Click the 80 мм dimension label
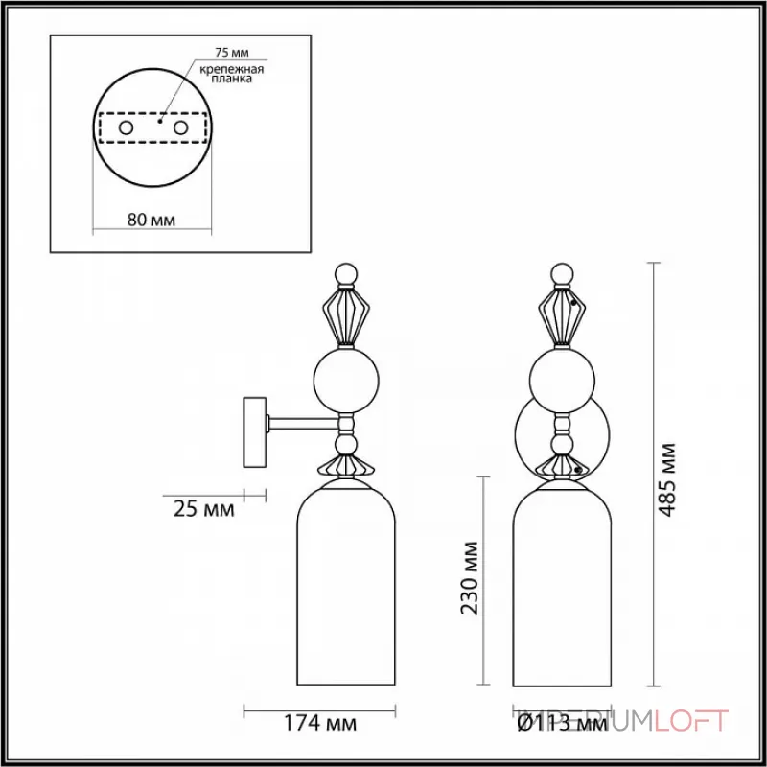tap(151, 220)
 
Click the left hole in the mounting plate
tap(126, 127)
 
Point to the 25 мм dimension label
tap(204, 509)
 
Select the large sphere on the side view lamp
tap(348, 379)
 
